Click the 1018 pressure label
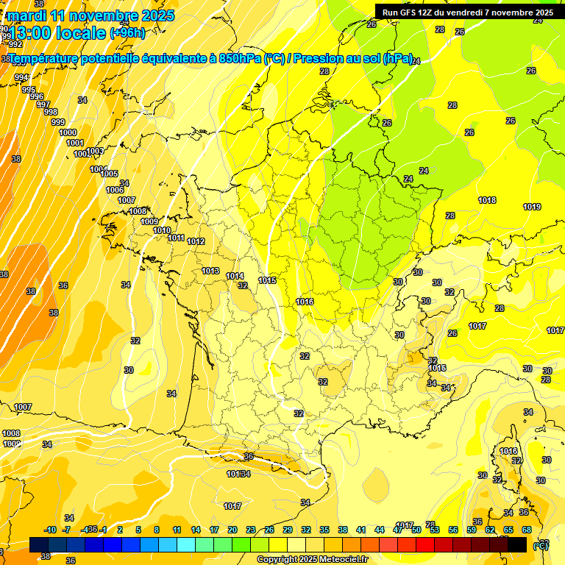click(487, 200)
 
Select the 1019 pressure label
click(533, 207)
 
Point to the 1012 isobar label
click(196, 241)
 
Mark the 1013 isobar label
click(210, 271)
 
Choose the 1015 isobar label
click(267, 280)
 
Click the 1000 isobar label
click(68, 132)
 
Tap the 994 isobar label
click(21, 77)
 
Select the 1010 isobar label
click(162, 230)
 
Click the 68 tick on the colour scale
click(527, 530)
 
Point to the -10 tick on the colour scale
click(50, 530)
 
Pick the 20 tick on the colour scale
click(232, 530)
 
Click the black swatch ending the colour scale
click(517, 544)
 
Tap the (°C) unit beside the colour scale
click(540, 545)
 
